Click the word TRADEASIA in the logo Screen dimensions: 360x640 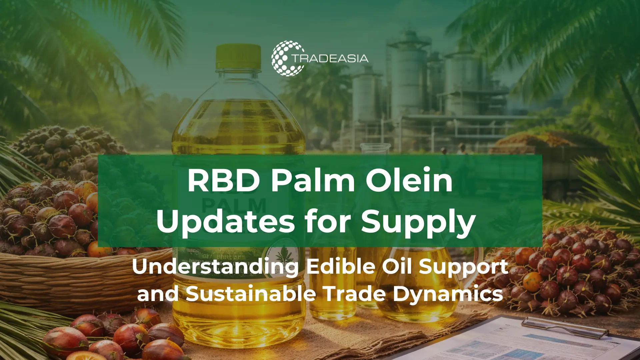pos(330,59)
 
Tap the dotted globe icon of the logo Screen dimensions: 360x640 pos(286,58)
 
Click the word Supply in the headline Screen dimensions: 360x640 pos(418,223)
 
